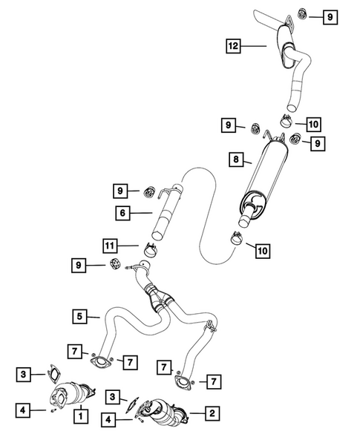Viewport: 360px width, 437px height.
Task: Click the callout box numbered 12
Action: pos(235,46)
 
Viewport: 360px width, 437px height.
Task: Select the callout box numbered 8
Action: pos(235,159)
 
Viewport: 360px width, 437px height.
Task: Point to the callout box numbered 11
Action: pos(111,244)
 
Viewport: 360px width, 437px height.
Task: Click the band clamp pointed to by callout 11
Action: pos(151,251)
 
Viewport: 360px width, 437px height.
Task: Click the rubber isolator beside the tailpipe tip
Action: pos(304,14)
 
